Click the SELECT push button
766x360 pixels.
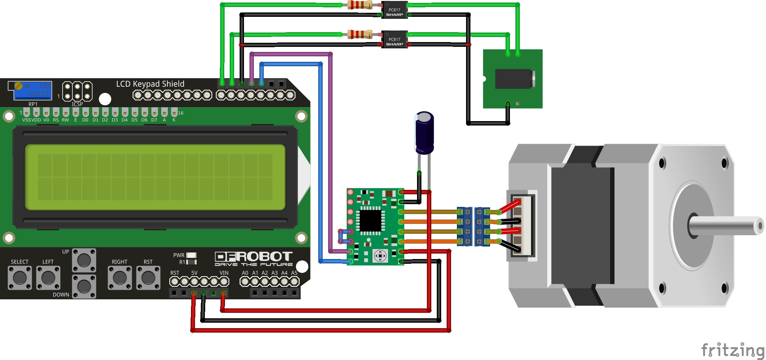point(20,278)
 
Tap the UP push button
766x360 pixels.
point(84,260)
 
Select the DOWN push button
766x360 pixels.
point(84,286)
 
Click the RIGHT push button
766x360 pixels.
point(120,278)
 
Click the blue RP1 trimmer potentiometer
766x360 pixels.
point(33,90)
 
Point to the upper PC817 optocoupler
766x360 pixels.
point(394,10)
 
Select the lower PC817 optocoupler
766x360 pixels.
point(394,40)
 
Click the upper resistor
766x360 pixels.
point(360,5)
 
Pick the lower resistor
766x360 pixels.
point(360,34)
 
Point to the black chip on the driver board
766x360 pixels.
point(371,221)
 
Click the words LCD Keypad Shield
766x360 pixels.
point(150,84)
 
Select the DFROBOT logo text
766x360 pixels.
point(254,257)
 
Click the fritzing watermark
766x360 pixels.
point(732,350)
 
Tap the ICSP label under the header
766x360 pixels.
point(77,104)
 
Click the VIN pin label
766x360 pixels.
point(224,273)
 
